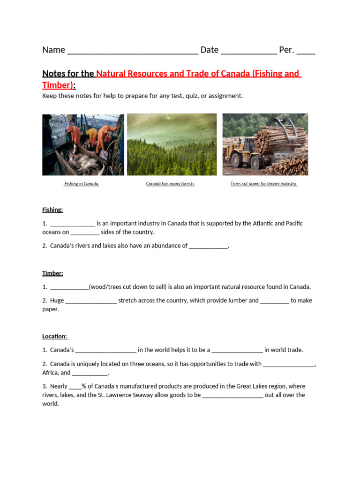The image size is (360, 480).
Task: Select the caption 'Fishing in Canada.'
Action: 82,184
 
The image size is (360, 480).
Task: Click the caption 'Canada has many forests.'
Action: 171,184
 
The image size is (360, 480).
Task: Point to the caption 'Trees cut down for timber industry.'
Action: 264,184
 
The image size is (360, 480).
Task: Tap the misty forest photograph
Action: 172,144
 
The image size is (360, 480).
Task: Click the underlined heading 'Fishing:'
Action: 52,210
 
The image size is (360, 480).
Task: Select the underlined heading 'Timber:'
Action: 52,273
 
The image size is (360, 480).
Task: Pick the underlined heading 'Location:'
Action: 55,337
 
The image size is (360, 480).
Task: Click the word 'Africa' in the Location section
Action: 51,373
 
